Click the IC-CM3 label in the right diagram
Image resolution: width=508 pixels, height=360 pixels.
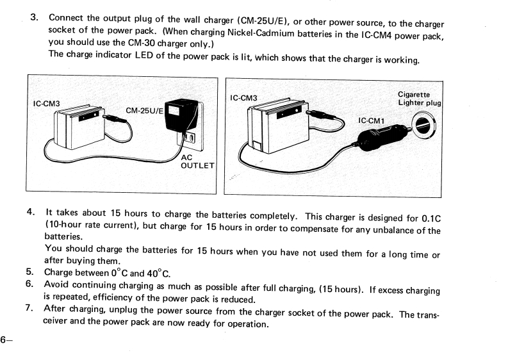coord(243,98)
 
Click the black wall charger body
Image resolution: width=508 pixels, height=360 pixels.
coord(181,119)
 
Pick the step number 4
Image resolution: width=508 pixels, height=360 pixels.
coord(31,212)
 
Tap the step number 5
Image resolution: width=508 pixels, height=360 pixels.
coord(30,272)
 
